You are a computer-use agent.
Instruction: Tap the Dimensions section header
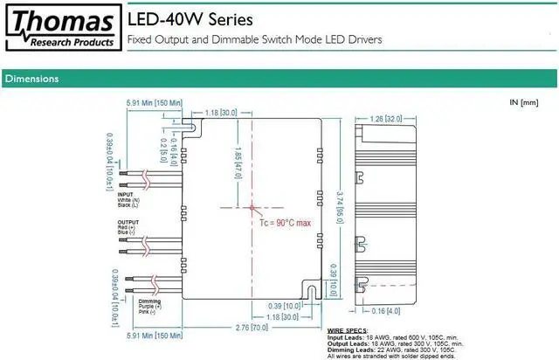[x=31, y=80]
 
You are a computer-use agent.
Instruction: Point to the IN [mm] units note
[x=525, y=103]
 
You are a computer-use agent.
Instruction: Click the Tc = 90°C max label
[x=285, y=224]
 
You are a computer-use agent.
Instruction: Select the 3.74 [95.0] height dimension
[x=341, y=197]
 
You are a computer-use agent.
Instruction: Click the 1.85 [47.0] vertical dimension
[x=236, y=160]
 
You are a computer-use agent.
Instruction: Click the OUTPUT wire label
[x=128, y=222]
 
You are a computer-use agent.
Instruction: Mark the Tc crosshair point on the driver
[x=253, y=208]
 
